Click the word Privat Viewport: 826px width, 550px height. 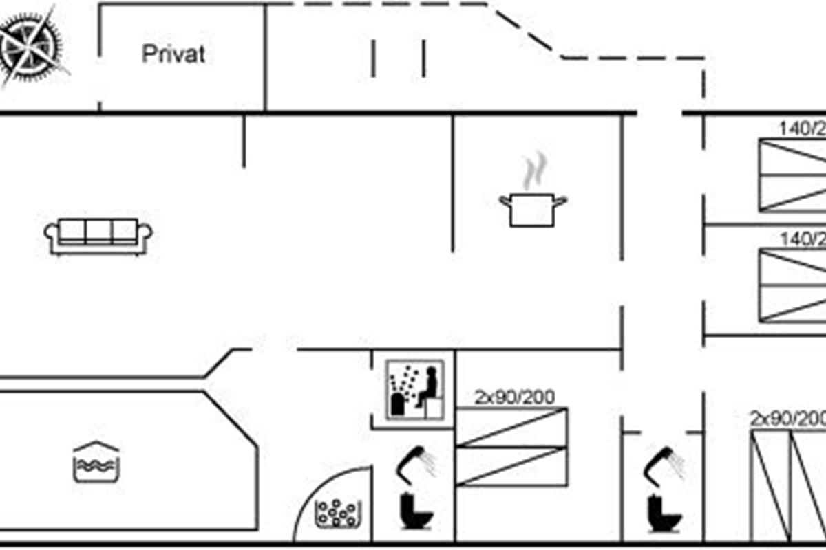coord(173,54)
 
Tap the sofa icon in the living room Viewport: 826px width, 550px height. coord(98,236)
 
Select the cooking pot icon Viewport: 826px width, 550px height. coord(533,209)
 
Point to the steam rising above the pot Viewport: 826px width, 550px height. coord(534,171)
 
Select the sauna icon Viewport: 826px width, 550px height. coord(413,389)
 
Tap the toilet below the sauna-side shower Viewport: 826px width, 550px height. coord(416,511)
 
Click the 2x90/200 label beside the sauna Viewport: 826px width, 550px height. coord(514,397)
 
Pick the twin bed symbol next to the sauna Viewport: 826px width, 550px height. coord(512,447)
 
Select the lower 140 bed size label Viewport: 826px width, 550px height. coord(802,239)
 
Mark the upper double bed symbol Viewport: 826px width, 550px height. coord(792,175)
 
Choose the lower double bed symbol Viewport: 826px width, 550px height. coord(792,285)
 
